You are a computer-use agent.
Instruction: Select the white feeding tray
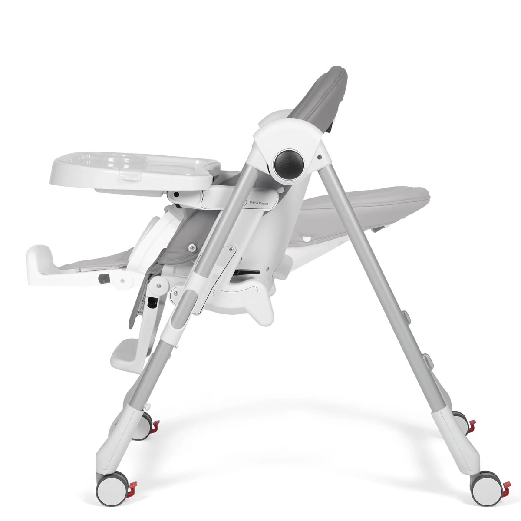pos(135,171)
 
